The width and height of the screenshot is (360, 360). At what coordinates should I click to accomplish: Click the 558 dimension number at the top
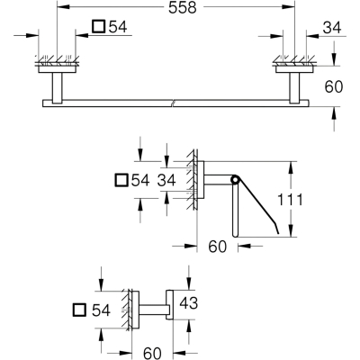[183, 7]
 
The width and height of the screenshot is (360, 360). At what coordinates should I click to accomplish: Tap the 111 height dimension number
[290, 200]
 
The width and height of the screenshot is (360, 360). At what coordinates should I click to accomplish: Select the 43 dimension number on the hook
[188, 303]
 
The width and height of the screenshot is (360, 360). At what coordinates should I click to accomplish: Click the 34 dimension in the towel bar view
[332, 28]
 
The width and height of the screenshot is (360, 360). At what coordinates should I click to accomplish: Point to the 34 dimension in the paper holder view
[166, 181]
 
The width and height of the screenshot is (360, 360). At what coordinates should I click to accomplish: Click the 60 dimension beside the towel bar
[334, 87]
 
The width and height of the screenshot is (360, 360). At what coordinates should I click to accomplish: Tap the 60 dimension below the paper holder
[218, 247]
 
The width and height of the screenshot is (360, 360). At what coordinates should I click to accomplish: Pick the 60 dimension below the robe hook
[152, 353]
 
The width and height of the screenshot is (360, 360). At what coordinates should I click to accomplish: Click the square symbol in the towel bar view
[98, 26]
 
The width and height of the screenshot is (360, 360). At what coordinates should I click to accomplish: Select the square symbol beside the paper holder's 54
[121, 180]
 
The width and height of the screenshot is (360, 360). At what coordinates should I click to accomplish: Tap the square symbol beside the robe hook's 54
[80, 310]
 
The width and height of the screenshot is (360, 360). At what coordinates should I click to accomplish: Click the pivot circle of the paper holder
[235, 180]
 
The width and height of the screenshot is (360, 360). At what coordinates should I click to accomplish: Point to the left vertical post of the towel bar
[57, 86]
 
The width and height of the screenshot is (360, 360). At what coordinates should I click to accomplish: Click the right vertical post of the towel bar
[294, 86]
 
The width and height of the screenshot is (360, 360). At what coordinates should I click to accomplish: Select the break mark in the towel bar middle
[172, 103]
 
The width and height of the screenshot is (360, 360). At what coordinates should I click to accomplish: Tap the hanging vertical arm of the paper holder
[236, 210]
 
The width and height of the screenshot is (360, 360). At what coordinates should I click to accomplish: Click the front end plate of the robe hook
[170, 305]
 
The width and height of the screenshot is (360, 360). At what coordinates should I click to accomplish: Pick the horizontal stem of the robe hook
[153, 310]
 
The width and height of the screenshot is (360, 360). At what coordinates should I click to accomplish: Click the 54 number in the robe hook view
[102, 310]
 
